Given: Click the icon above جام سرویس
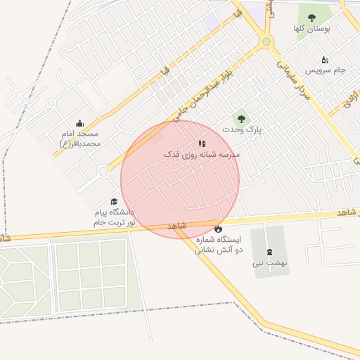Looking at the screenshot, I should point(324,60).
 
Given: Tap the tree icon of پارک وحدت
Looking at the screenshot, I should point(241,119).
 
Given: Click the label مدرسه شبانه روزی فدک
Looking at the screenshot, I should point(202,154).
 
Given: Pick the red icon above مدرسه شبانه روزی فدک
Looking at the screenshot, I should point(202,143).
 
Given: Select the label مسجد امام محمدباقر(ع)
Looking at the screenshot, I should point(79,139).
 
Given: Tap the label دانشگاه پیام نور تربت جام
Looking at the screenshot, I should point(114,217).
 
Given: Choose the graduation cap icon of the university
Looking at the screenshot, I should point(114,202).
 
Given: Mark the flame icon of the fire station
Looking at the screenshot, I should point(218,229).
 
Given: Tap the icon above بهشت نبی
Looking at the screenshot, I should point(269,252).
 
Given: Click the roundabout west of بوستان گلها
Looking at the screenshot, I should point(266,41).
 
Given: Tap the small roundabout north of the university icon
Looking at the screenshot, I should point(104,171).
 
